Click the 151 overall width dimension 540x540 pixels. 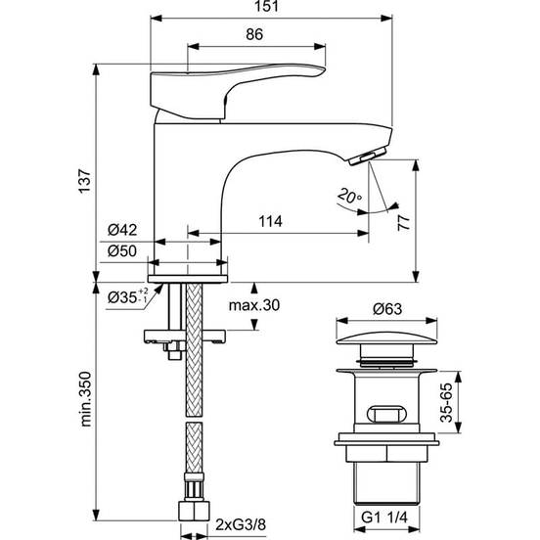pyautogui.click(x=266, y=6)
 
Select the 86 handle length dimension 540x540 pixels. pyautogui.click(x=254, y=34)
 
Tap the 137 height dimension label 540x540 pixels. pyautogui.click(x=85, y=181)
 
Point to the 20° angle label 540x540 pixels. pyautogui.click(x=349, y=196)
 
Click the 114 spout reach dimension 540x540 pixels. pyautogui.click(x=270, y=221)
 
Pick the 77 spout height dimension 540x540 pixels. pyautogui.click(x=404, y=223)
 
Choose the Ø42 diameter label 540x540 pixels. pyautogui.click(x=122, y=230)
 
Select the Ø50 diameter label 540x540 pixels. pyautogui.click(x=122, y=251)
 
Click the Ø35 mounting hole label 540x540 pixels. pyautogui.click(x=128, y=296)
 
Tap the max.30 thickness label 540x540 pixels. pyautogui.click(x=254, y=305)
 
